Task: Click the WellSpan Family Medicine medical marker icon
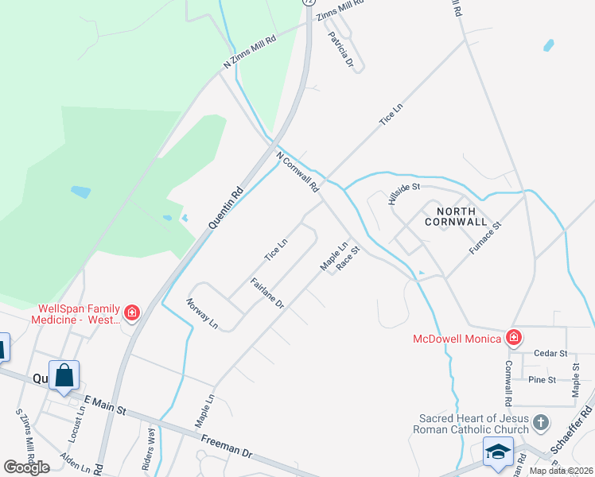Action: [x=132, y=313]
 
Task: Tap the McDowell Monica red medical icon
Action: [x=514, y=338]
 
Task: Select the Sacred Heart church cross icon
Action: [x=541, y=422]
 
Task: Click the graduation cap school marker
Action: [x=498, y=452]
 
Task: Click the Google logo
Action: [x=26, y=467]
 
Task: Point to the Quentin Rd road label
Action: [x=225, y=208]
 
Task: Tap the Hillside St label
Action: [x=403, y=193]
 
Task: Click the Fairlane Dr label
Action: [x=267, y=293]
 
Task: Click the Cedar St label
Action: [x=550, y=353]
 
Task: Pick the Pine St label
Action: [x=542, y=380]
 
